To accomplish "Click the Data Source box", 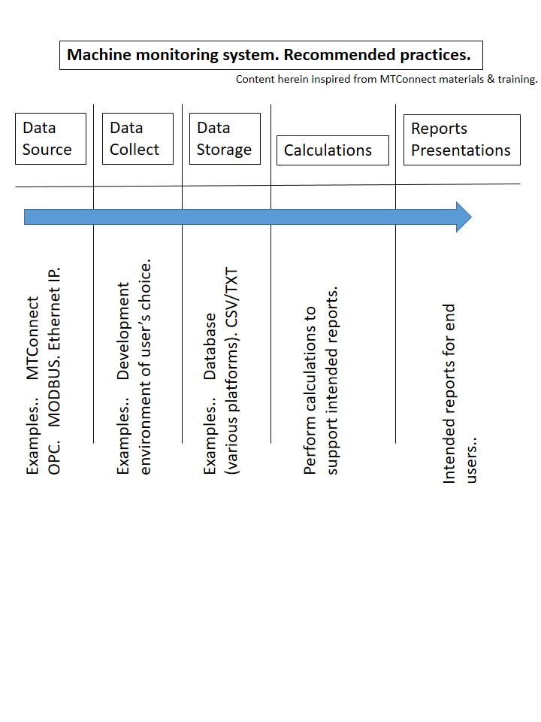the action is tap(50, 138).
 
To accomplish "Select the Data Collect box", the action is tap(138, 138).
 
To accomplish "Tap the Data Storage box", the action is tap(225, 138).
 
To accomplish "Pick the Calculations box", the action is tap(333, 150).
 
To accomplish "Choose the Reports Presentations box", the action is tap(462, 140).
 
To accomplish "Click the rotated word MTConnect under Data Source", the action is tap(32, 338).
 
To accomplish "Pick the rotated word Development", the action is tap(122, 331).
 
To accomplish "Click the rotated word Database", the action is tap(210, 346).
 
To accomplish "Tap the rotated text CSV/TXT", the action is tap(232, 298).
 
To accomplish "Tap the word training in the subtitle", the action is tap(518, 79).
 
